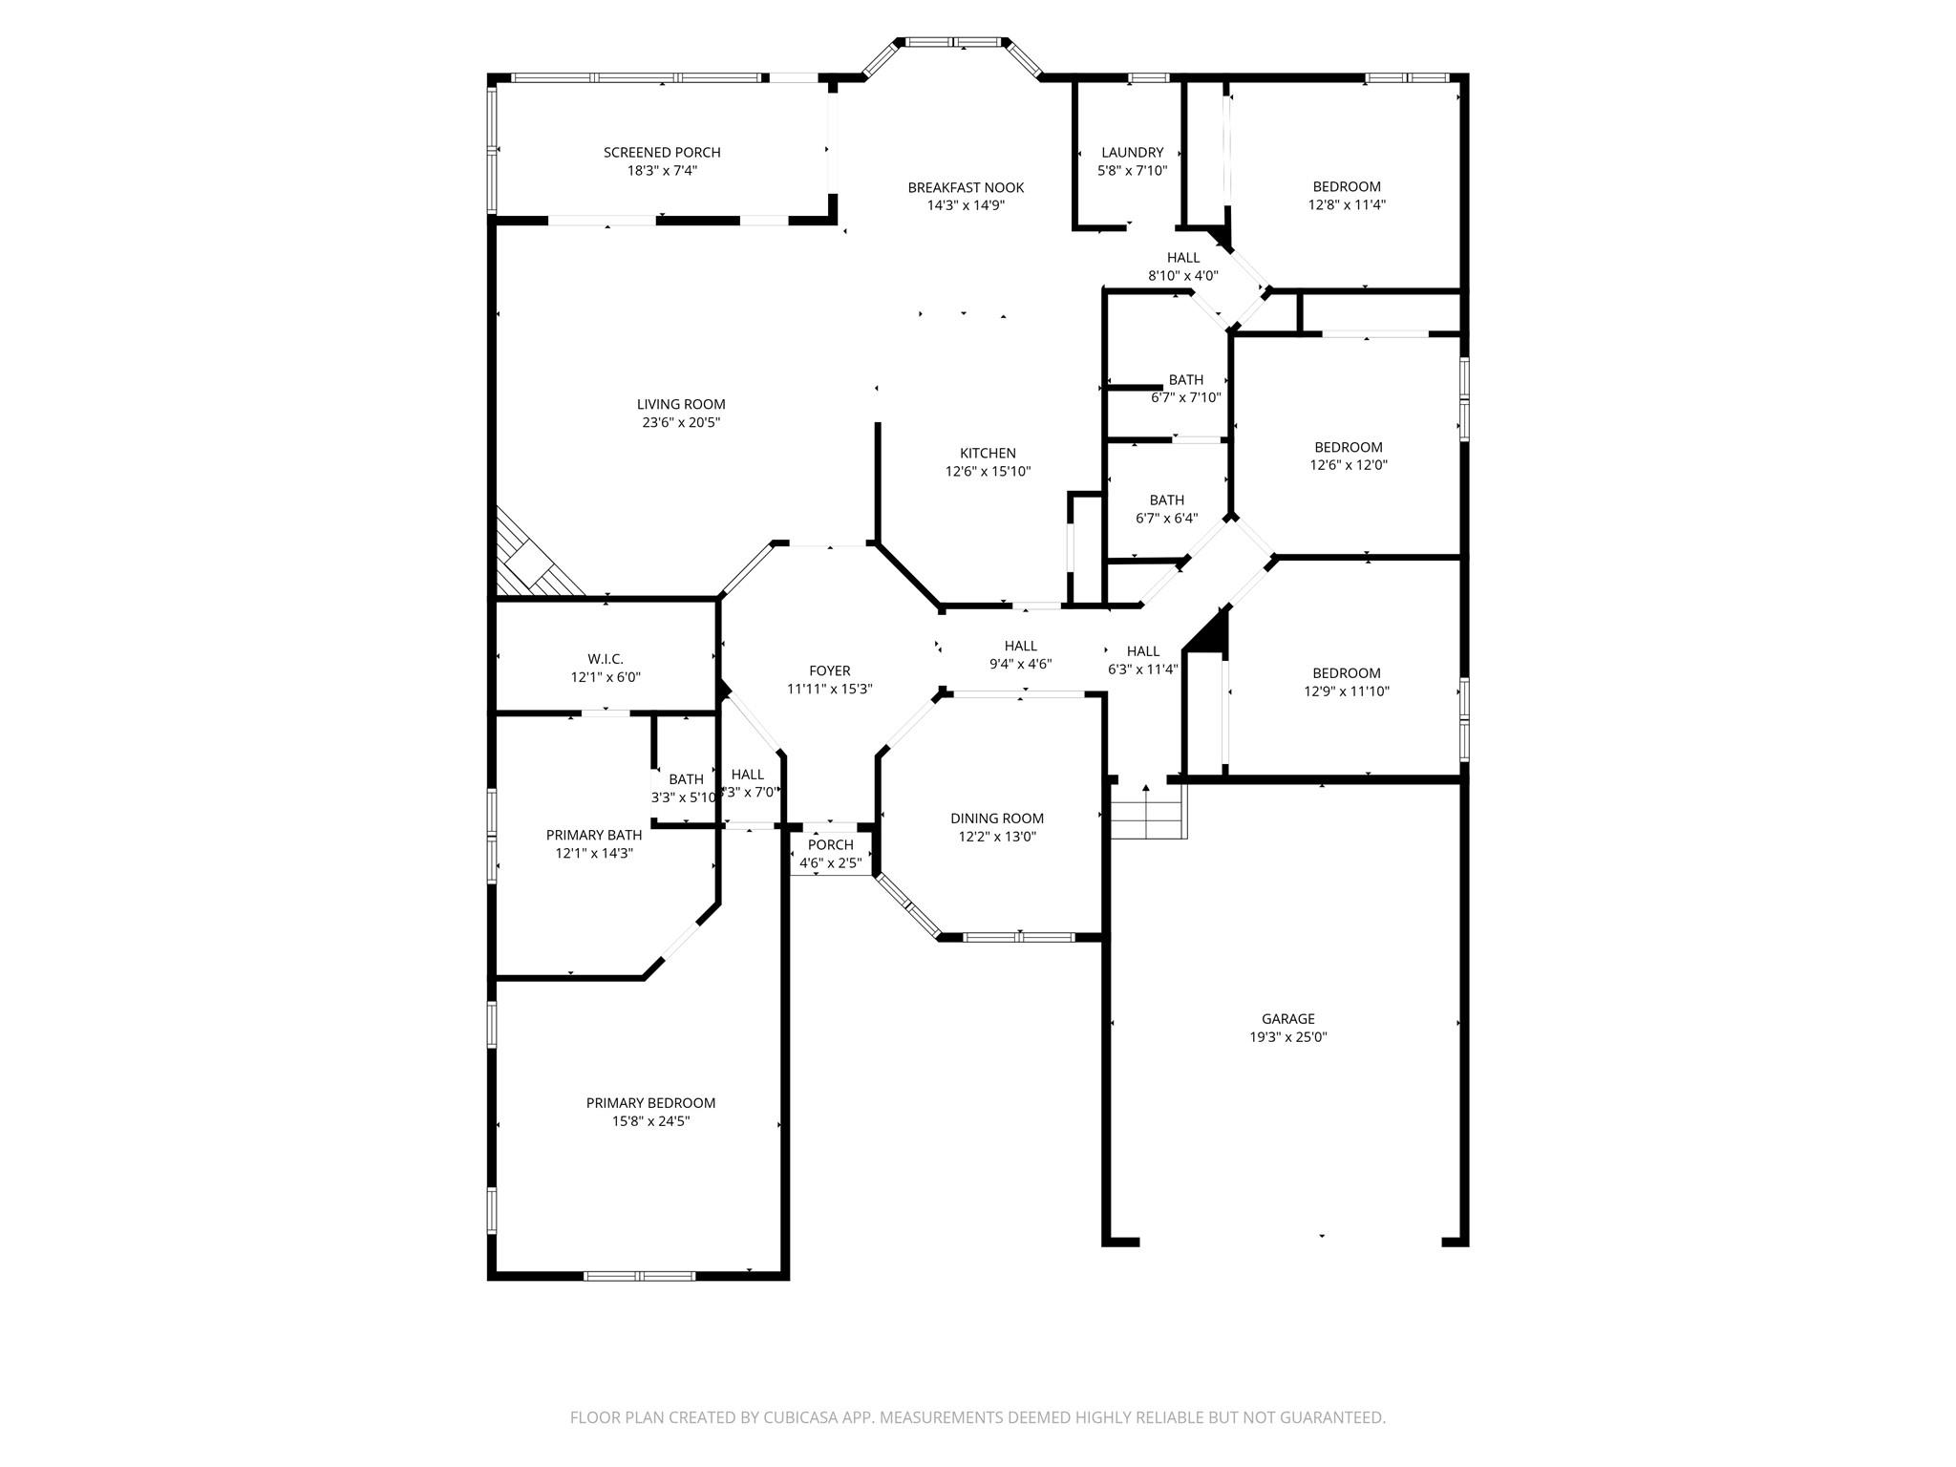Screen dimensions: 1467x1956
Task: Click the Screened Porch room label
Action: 662,153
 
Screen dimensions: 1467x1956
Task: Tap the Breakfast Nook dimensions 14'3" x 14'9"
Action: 966,205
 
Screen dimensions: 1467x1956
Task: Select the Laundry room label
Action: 1132,153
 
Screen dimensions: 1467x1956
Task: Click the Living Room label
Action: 681,405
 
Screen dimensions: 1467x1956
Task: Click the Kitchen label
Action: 988,454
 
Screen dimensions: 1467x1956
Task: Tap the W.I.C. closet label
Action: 606,660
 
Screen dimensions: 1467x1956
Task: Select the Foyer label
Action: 829,671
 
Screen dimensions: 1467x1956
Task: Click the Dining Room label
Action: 997,819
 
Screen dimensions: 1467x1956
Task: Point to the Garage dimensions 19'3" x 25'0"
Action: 1288,1037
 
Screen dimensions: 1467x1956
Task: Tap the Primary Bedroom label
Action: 650,1103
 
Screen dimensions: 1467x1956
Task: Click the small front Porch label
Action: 830,845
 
